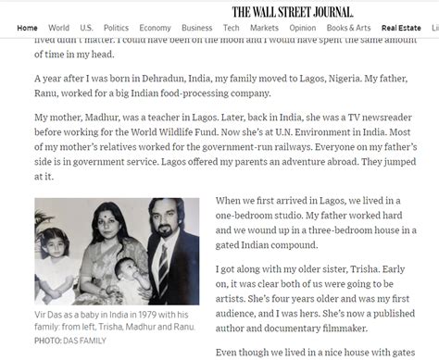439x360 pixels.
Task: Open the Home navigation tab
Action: [28, 28]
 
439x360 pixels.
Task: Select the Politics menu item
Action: [117, 28]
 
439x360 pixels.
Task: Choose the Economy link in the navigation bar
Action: [155, 28]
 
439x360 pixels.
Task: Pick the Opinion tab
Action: [302, 28]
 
